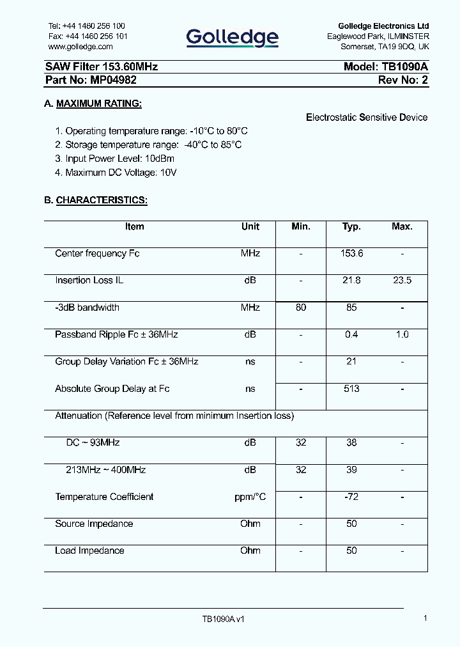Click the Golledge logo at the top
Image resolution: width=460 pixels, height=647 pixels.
232,38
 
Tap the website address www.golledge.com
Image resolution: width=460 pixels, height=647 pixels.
80,47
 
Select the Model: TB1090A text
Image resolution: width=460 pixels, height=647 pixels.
386,66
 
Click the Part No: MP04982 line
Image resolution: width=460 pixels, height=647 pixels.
91,80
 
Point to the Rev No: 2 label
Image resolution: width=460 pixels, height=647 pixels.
402,80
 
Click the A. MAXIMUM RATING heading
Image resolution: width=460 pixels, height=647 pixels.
93,104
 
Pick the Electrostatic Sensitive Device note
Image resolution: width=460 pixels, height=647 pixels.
367,118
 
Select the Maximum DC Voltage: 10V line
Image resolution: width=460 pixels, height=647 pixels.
116,173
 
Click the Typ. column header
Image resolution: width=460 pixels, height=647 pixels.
351,227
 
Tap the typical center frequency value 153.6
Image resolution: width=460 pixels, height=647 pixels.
351,254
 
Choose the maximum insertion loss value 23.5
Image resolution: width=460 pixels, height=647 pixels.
402,281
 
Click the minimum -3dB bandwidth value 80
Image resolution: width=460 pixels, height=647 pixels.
301,308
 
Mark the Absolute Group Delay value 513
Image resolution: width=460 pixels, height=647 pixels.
351,389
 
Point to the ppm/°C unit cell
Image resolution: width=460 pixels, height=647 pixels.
250,497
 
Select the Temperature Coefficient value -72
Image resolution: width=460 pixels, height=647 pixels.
351,497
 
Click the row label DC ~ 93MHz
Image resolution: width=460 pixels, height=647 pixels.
93,442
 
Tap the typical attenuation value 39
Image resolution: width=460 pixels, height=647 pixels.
351,470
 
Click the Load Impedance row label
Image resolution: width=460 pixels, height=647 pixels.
89,550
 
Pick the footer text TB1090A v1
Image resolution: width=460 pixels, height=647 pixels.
224,620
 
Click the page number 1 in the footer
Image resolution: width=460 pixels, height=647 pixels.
425,618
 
